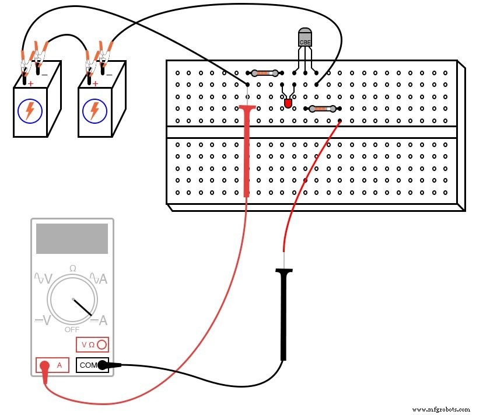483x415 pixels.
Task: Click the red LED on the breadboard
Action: [288, 103]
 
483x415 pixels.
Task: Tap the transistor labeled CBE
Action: [305, 37]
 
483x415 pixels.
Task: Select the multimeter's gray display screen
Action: [72, 239]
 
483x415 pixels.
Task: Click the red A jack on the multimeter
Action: [52, 365]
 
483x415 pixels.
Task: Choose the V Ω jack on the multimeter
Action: [92, 344]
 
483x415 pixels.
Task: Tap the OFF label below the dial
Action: [72, 329]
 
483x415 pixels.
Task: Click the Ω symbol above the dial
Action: [72, 268]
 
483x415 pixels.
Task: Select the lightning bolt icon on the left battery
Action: [29, 110]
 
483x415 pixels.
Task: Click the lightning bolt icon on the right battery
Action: [94, 110]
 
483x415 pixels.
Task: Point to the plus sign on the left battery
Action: [30, 83]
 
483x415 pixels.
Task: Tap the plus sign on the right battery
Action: [95, 83]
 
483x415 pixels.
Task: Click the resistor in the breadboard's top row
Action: [264, 73]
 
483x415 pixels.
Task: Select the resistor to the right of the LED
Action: [322, 109]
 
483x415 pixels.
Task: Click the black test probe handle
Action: [284, 315]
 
